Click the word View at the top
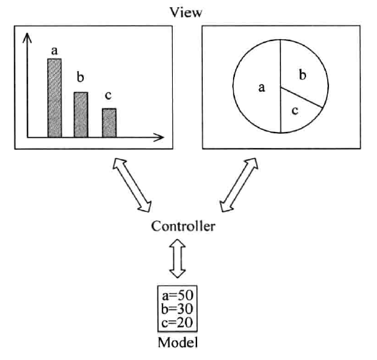186,12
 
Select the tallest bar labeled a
54,98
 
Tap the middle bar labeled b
81,115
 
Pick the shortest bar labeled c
109,123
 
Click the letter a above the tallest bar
54,51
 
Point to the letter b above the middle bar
80,77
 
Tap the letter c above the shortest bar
108,95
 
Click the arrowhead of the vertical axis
27,38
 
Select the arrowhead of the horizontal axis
159,137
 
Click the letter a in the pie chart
262,87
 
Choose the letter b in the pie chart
303,74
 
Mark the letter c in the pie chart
295,111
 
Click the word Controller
183,226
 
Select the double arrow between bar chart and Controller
132,185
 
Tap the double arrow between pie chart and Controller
239,185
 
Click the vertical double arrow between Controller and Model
177,258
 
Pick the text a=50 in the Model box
177,296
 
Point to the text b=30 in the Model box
177,309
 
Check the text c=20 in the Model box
177,322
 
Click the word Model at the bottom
178,342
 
